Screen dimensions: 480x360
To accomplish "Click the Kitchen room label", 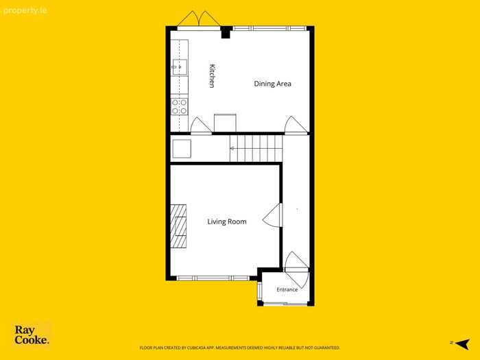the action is click(212, 76).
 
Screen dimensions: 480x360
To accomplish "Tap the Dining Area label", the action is click(272, 84).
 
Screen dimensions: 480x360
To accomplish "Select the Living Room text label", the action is click(227, 221).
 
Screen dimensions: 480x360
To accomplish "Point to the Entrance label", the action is click(287, 289).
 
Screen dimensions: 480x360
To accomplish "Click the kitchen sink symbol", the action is click(180, 67).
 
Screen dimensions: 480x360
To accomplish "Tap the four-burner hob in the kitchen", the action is click(180, 106).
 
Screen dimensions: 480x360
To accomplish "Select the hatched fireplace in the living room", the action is click(178, 226).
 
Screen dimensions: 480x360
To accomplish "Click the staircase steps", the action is click(256, 149).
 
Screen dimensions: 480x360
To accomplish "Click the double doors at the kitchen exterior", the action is click(199, 19).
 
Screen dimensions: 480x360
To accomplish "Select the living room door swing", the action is click(272, 215).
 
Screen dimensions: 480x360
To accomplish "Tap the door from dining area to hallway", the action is click(296, 125).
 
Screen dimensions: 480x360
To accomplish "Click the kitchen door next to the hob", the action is click(201, 125).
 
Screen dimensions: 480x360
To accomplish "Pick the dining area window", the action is click(269, 29).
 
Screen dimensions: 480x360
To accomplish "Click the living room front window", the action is click(213, 278).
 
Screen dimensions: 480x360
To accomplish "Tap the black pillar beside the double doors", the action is click(226, 32).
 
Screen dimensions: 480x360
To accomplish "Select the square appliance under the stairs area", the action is click(182, 149).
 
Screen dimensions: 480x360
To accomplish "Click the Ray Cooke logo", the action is click(32, 335).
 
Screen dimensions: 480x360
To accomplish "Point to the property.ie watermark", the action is click(25, 11).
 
